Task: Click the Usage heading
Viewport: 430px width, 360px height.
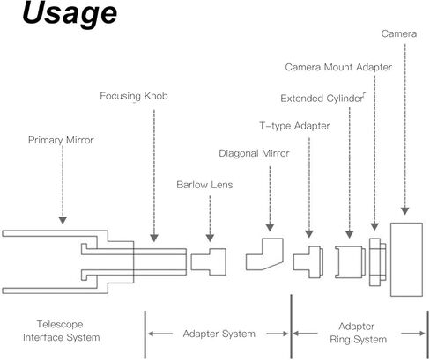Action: (x=70, y=13)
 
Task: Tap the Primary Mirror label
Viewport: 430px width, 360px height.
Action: (x=61, y=140)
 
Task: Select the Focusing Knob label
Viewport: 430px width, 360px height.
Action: (x=134, y=96)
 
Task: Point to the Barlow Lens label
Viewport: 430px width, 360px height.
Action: (x=204, y=185)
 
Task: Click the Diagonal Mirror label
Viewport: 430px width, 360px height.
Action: (x=254, y=153)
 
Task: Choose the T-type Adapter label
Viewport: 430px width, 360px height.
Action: (x=294, y=126)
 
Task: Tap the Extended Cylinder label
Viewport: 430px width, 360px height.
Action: (x=322, y=99)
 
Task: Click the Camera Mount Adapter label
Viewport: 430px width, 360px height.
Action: (x=338, y=67)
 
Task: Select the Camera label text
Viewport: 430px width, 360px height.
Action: (x=399, y=33)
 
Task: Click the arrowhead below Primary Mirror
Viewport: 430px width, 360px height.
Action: (x=63, y=220)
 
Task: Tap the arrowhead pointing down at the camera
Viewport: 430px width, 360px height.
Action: (x=405, y=210)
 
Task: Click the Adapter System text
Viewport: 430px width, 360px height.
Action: (x=219, y=334)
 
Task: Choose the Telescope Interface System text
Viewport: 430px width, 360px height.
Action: (x=62, y=331)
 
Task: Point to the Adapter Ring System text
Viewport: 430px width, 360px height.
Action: (x=358, y=333)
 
